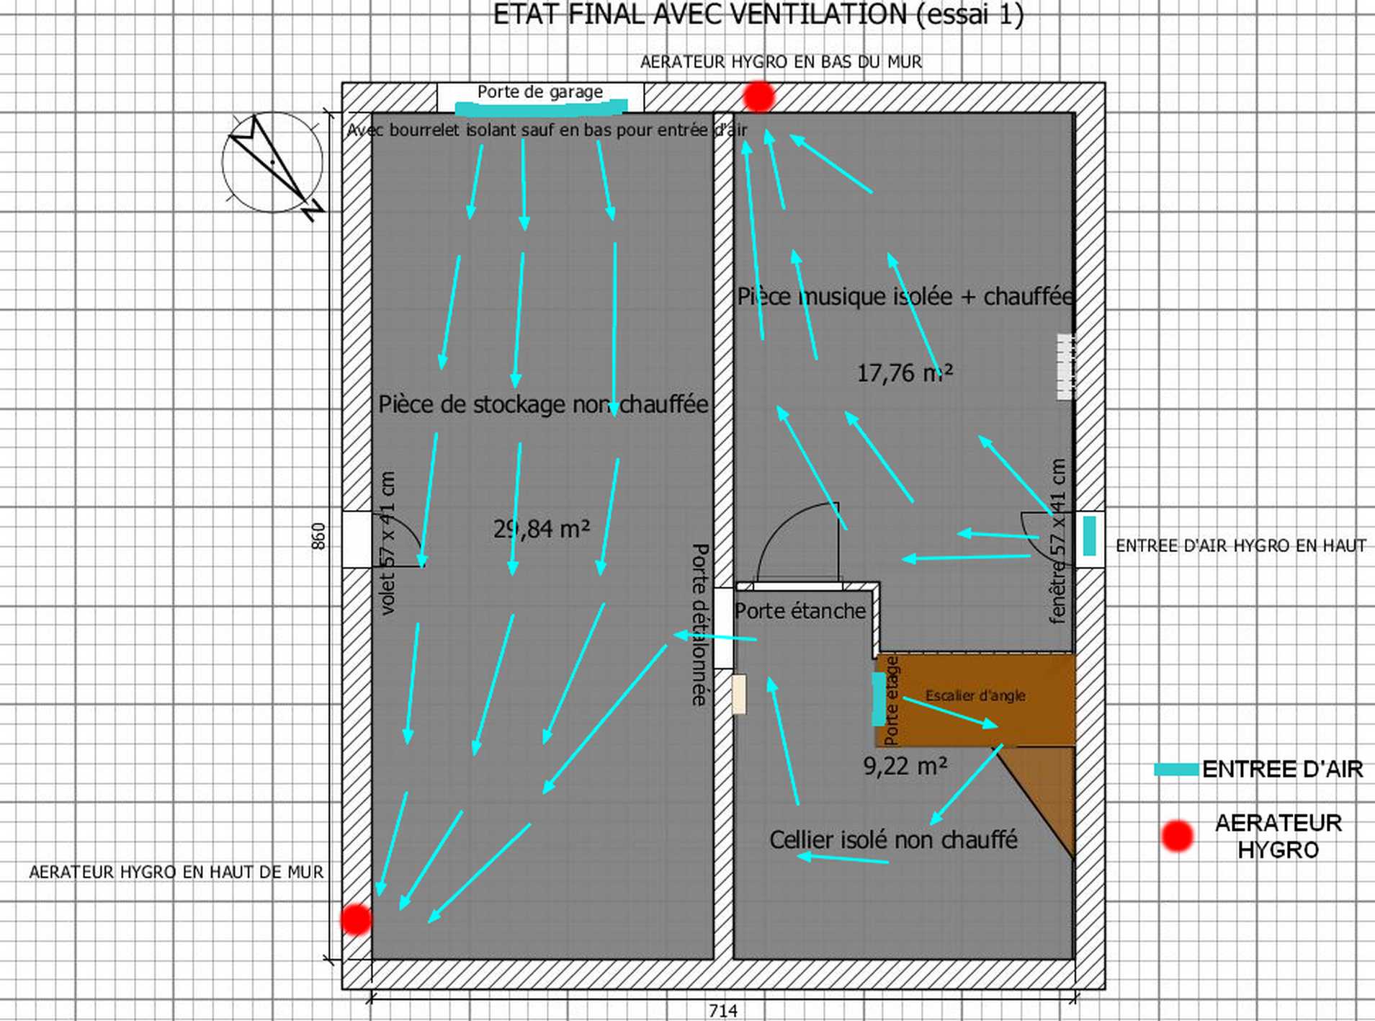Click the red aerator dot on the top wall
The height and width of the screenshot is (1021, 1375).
[x=758, y=97]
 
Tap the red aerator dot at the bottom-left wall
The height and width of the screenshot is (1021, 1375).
[x=356, y=919]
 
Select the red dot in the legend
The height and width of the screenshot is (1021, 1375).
[x=1177, y=836]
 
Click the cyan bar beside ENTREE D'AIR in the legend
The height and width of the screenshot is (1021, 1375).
[x=1176, y=770]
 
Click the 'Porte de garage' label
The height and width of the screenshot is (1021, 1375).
[x=539, y=92]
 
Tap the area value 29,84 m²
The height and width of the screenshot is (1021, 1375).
[x=542, y=529]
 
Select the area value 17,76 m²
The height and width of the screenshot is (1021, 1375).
[x=904, y=373]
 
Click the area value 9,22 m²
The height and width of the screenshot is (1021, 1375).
[x=905, y=766]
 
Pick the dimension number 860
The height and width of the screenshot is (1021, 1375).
[x=318, y=536]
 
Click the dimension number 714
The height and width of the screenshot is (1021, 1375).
[x=722, y=1011]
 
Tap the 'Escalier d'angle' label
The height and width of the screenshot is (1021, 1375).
[x=975, y=695]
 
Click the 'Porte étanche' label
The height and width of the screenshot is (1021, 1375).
[x=800, y=611]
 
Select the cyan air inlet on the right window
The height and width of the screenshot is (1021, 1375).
[x=1089, y=535]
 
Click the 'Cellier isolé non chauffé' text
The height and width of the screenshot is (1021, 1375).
[x=893, y=840]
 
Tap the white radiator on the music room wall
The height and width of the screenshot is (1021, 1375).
[x=1065, y=366]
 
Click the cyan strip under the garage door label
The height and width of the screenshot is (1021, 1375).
[x=540, y=109]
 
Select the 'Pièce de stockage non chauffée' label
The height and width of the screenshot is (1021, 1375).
[x=543, y=404]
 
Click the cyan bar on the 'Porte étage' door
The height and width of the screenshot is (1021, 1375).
[x=879, y=698]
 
